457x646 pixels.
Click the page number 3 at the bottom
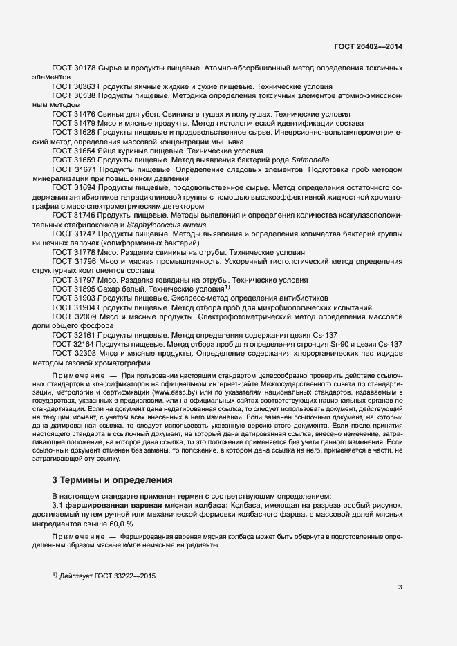[400, 587]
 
